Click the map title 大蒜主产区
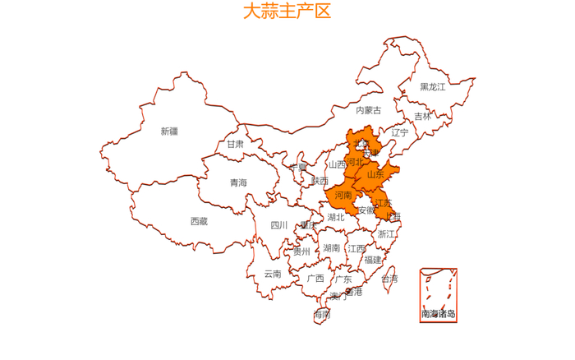[x=287, y=12]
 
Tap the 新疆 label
[x=169, y=131]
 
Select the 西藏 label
[x=199, y=221]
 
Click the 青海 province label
[x=238, y=182]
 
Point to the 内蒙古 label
[x=368, y=110]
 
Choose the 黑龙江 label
[x=433, y=86]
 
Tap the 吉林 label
[x=422, y=117]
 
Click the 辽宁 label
[x=399, y=132]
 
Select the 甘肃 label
[x=236, y=144]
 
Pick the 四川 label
[x=279, y=225]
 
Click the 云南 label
[x=273, y=274]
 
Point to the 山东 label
[x=375, y=174]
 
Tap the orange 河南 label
[x=343, y=195]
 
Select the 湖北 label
[x=336, y=218]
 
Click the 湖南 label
[x=332, y=247]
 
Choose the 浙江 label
[x=386, y=234]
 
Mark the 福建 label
[x=373, y=260]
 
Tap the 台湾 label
[x=389, y=279]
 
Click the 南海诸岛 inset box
[x=438, y=294]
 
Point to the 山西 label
[x=338, y=164]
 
